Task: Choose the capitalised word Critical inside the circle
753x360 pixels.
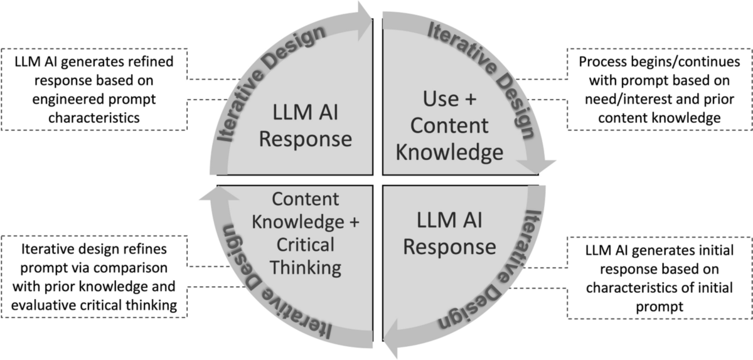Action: [x=306, y=245]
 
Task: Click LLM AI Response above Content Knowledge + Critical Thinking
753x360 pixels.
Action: [x=306, y=125]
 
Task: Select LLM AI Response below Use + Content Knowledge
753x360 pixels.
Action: [x=449, y=233]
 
